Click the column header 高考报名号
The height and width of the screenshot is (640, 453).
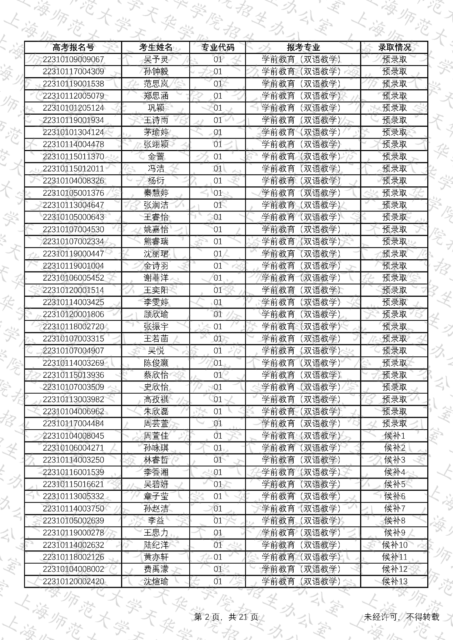click(x=73, y=47)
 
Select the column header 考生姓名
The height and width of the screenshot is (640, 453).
click(x=156, y=47)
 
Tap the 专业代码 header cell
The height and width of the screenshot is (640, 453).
click(x=218, y=47)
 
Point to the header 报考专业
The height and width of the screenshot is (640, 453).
click(x=303, y=47)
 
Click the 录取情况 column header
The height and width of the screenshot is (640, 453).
click(x=394, y=47)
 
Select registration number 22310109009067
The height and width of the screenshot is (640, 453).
click(x=73, y=60)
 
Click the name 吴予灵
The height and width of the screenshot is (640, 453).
click(x=156, y=60)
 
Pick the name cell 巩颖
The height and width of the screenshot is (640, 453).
click(x=156, y=108)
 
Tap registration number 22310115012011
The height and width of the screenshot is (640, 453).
click(x=73, y=169)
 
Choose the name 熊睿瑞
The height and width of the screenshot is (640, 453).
click(x=156, y=242)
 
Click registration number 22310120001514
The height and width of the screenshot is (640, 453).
click(x=73, y=290)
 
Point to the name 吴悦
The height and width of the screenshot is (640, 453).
click(x=156, y=351)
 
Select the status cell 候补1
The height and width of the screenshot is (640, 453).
click(x=394, y=436)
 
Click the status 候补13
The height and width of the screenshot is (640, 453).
click(x=394, y=582)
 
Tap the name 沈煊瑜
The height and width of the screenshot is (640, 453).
click(x=156, y=582)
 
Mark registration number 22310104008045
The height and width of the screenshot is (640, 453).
click(x=73, y=436)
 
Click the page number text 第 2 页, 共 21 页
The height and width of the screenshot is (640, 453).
click(x=226, y=617)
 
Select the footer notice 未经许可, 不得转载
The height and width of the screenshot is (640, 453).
click(x=401, y=617)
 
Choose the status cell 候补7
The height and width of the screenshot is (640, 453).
click(x=394, y=509)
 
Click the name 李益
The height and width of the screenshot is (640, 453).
click(x=156, y=521)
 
